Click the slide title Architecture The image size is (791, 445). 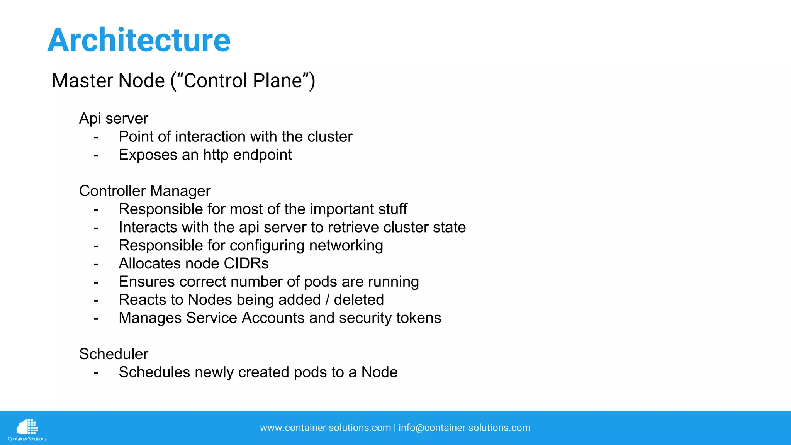point(139,40)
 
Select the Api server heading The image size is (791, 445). point(114,119)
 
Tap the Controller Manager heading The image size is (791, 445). point(145,191)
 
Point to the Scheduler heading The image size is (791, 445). point(114,354)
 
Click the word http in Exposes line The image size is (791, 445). point(216,155)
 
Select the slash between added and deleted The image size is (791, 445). point(327,300)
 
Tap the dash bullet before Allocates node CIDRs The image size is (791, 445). point(96,264)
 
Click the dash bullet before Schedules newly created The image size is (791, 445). point(96,373)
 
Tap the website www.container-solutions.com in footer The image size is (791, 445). point(325,428)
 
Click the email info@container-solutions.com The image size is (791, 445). point(464,428)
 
